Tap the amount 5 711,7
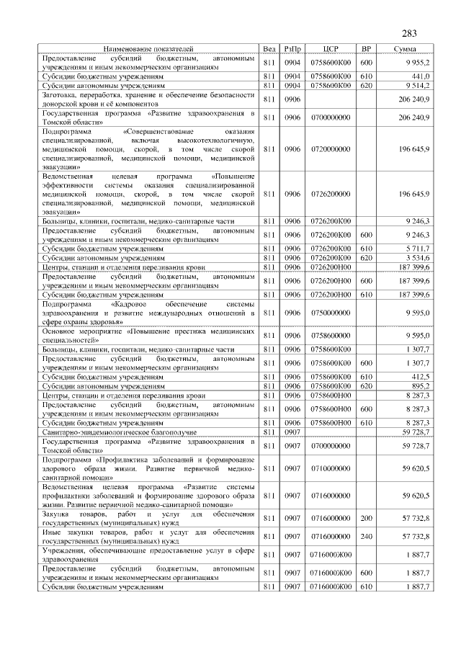(416, 248)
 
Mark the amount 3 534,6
(416, 257)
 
